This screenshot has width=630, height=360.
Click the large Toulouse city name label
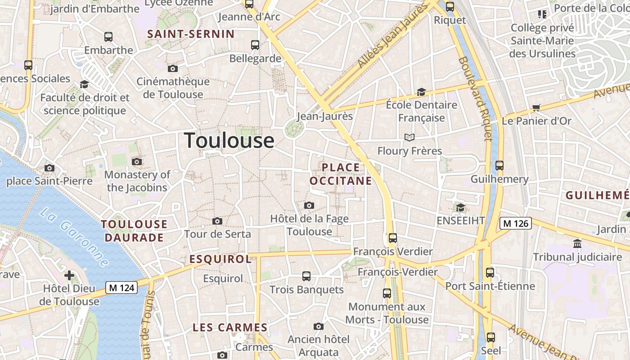tap(229, 141)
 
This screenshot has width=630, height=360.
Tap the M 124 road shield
tap(121, 288)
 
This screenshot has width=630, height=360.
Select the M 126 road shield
tap(516, 223)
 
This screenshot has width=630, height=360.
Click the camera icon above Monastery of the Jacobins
tap(137, 162)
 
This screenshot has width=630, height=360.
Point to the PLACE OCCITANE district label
tap(341, 174)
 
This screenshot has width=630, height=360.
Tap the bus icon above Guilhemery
tap(499, 166)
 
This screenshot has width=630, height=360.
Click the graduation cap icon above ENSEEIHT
tap(460, 207)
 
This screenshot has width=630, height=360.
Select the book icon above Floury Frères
tap(409, 137)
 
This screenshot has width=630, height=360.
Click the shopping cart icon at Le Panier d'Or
tap(536, 108)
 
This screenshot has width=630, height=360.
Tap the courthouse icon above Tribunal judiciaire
tap(577, 244)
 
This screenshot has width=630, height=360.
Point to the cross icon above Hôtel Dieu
tap(69, 275)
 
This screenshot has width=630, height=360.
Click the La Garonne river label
tap(74, 237)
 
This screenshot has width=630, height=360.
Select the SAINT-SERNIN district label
tap(191, 34)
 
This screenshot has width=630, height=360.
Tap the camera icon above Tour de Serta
tap(217, 221)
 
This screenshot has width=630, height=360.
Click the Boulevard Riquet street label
tap(475, 99)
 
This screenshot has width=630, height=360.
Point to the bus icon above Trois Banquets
tap(306, 276)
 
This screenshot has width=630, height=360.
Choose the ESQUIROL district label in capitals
tap(220, 259)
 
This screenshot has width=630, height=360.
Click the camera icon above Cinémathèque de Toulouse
tap(173, 68)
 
